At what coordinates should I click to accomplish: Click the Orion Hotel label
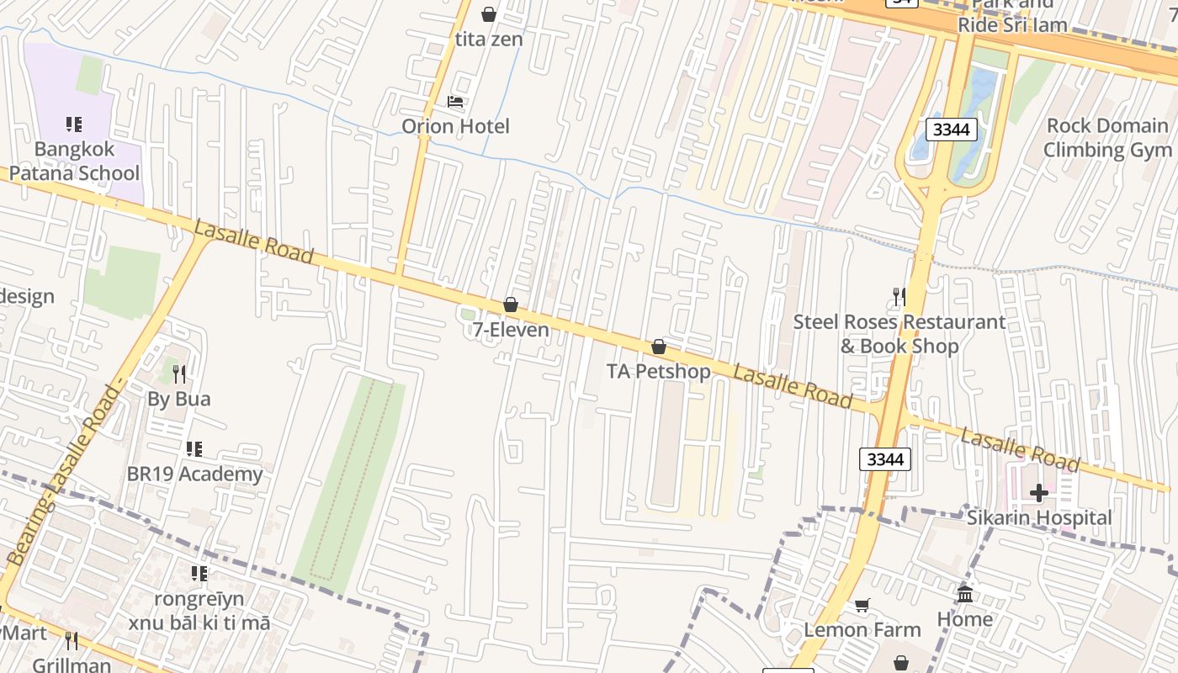pyautogui.click(x=455, y=127)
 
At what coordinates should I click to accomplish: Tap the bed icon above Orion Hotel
pyautogui.click(x=455, y=102)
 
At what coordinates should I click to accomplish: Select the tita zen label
pyautogui.click(x=489, y=40)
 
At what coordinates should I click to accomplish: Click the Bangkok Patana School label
pyautogui.click(x=74, y=162)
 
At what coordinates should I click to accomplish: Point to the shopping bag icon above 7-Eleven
pyautogui.click(x=511, y=305)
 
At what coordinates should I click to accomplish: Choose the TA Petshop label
pyautogui.click(x=659, y=371)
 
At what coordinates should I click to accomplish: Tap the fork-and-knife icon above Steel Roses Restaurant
pyautogui.click(x=899, y=297)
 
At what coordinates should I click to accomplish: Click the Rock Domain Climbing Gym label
pyautogui.click(x=1106, y=138)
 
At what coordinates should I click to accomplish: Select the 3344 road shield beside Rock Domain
pyautogui.click(x=952, y=130)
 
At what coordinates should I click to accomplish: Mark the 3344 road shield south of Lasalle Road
pyautogui.click(x=884, y=459)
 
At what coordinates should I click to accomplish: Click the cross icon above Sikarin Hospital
pyautogui.click(x=1039, y=493)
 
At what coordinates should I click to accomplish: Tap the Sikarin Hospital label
pyautogui.click(x=1039, y=517)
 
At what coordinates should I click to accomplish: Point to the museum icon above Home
pyautogui.click(x=965, y=595)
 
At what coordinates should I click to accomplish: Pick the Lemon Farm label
pyautogui.click(x=862, y=629)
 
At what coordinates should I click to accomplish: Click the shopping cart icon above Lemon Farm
pyautogui.click(x=862, y=606)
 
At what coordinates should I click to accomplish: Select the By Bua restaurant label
pyautogui.click(x=179, y=399)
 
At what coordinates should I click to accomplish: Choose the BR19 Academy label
pyautogui.click(x=194, y=474)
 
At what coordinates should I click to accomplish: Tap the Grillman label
pyautogui.click(x=72, y=665)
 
